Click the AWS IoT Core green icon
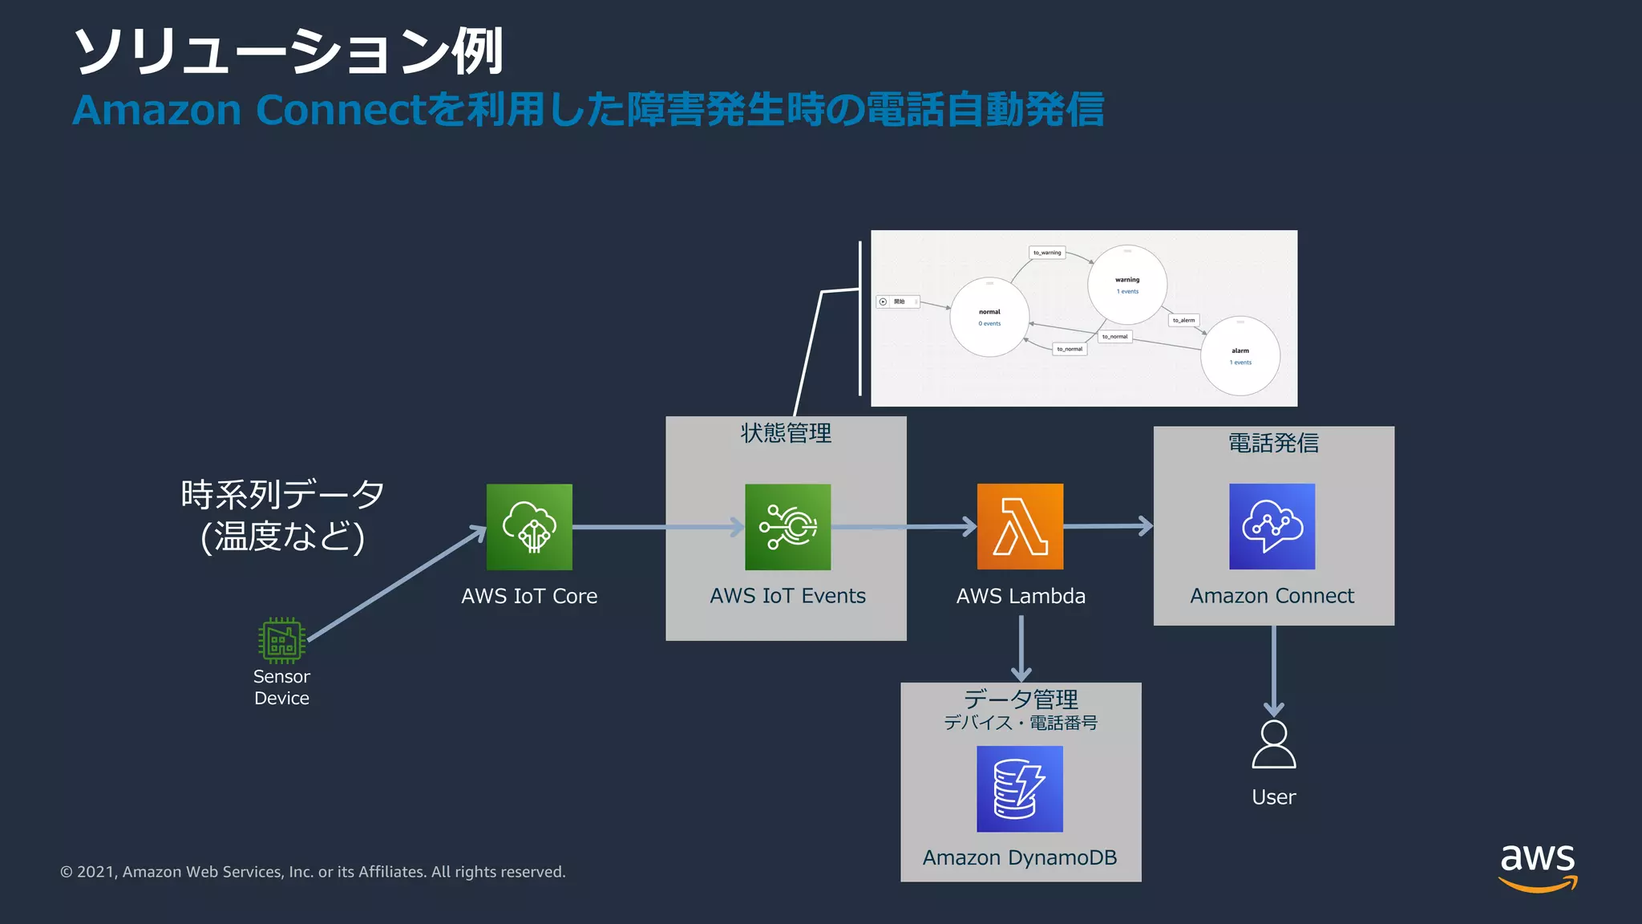click(529, 527)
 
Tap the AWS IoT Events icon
click(787, 527)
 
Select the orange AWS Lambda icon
click(1020, 527)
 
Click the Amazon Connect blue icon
click(1272, 527)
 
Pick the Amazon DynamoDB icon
click(1019, 789)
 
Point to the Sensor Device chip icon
click(281, 640)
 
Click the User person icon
click(1273, 745)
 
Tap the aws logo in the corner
click(1537, 866)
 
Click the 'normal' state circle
click(989, 317)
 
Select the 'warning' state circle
click(1126, 285)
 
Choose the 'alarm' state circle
click(1240, 356)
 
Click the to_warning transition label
click(1046, 253)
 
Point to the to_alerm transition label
click(1183, 320)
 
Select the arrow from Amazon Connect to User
click(1273, 671)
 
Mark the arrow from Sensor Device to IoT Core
click(396, 584)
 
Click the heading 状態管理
click(786, 434)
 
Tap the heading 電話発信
click(1273, 444)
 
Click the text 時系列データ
click(282, 494)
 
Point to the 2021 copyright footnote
click(313, 872)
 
